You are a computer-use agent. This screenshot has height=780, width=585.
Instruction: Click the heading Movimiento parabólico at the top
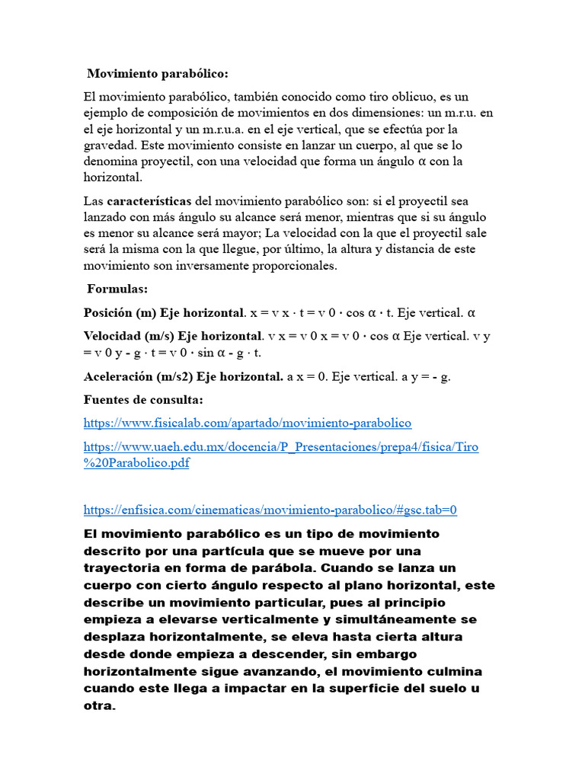tap(157, 73)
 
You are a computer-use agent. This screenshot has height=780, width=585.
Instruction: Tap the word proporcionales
tap(296, 266)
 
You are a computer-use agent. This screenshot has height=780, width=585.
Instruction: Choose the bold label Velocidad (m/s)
tap(129, 336)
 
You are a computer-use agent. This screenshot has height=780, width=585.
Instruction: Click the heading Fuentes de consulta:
tap(143, 400)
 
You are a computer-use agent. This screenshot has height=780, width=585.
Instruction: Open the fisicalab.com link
tap(247, 423)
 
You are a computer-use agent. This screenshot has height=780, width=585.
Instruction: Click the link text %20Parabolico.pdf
tap(136, 463)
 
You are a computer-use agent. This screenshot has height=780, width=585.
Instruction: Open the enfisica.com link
tap(270, 510)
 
